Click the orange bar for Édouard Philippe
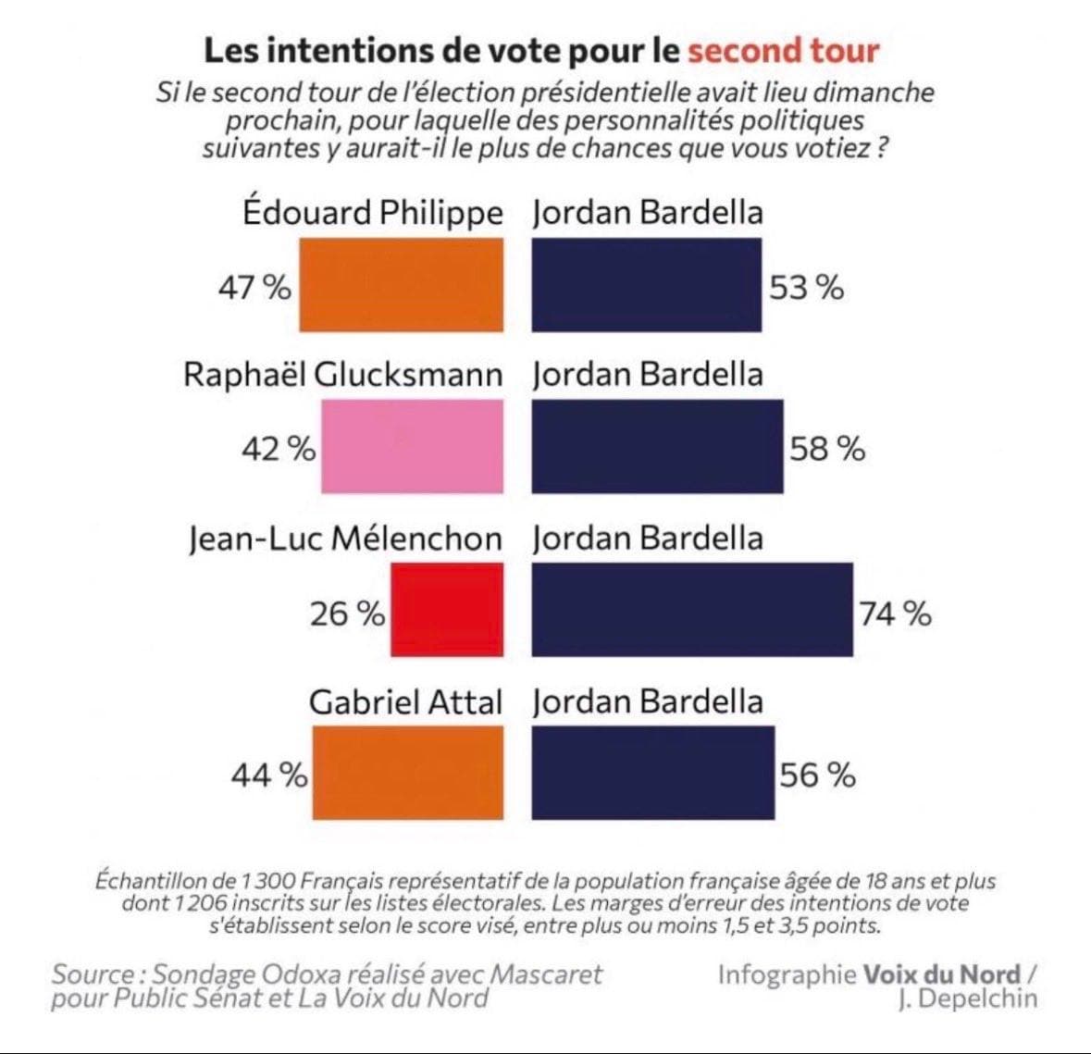tap(401, 285)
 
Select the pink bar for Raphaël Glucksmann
tap(413, 447)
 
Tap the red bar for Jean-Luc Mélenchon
tap(447, 610)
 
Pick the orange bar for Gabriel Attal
tap(408, 773)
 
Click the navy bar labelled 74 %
tap(692, 610)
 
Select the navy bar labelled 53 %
tap(647, 285)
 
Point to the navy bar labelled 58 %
tap(657, 447)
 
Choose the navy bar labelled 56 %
tap(652, 773)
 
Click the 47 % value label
tap(254, 288)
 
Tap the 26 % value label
tap(347, 613)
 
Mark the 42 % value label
tap(279, 450)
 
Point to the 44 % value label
tap(268, 775)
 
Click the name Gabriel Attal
tap(406, 701)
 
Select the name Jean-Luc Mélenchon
tap(345, 539)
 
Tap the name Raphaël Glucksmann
tap(343, 375)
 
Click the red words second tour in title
tap(783, 50)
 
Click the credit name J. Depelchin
tap(967, 998)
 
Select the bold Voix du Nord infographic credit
tap(942, 974)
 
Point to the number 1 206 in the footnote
tap(200, 903)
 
